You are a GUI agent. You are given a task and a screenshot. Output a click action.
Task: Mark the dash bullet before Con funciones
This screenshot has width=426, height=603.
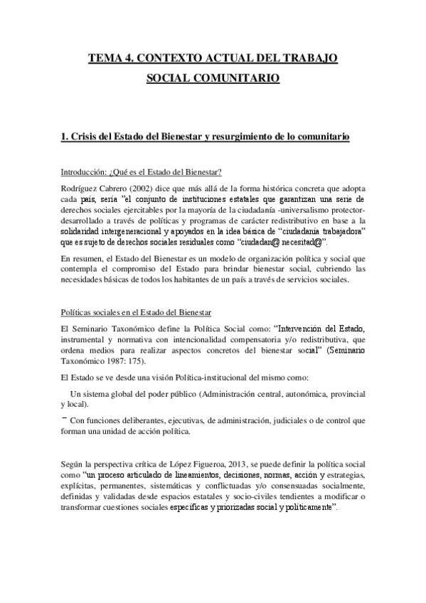pyautogui.click(x=63, y=418)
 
